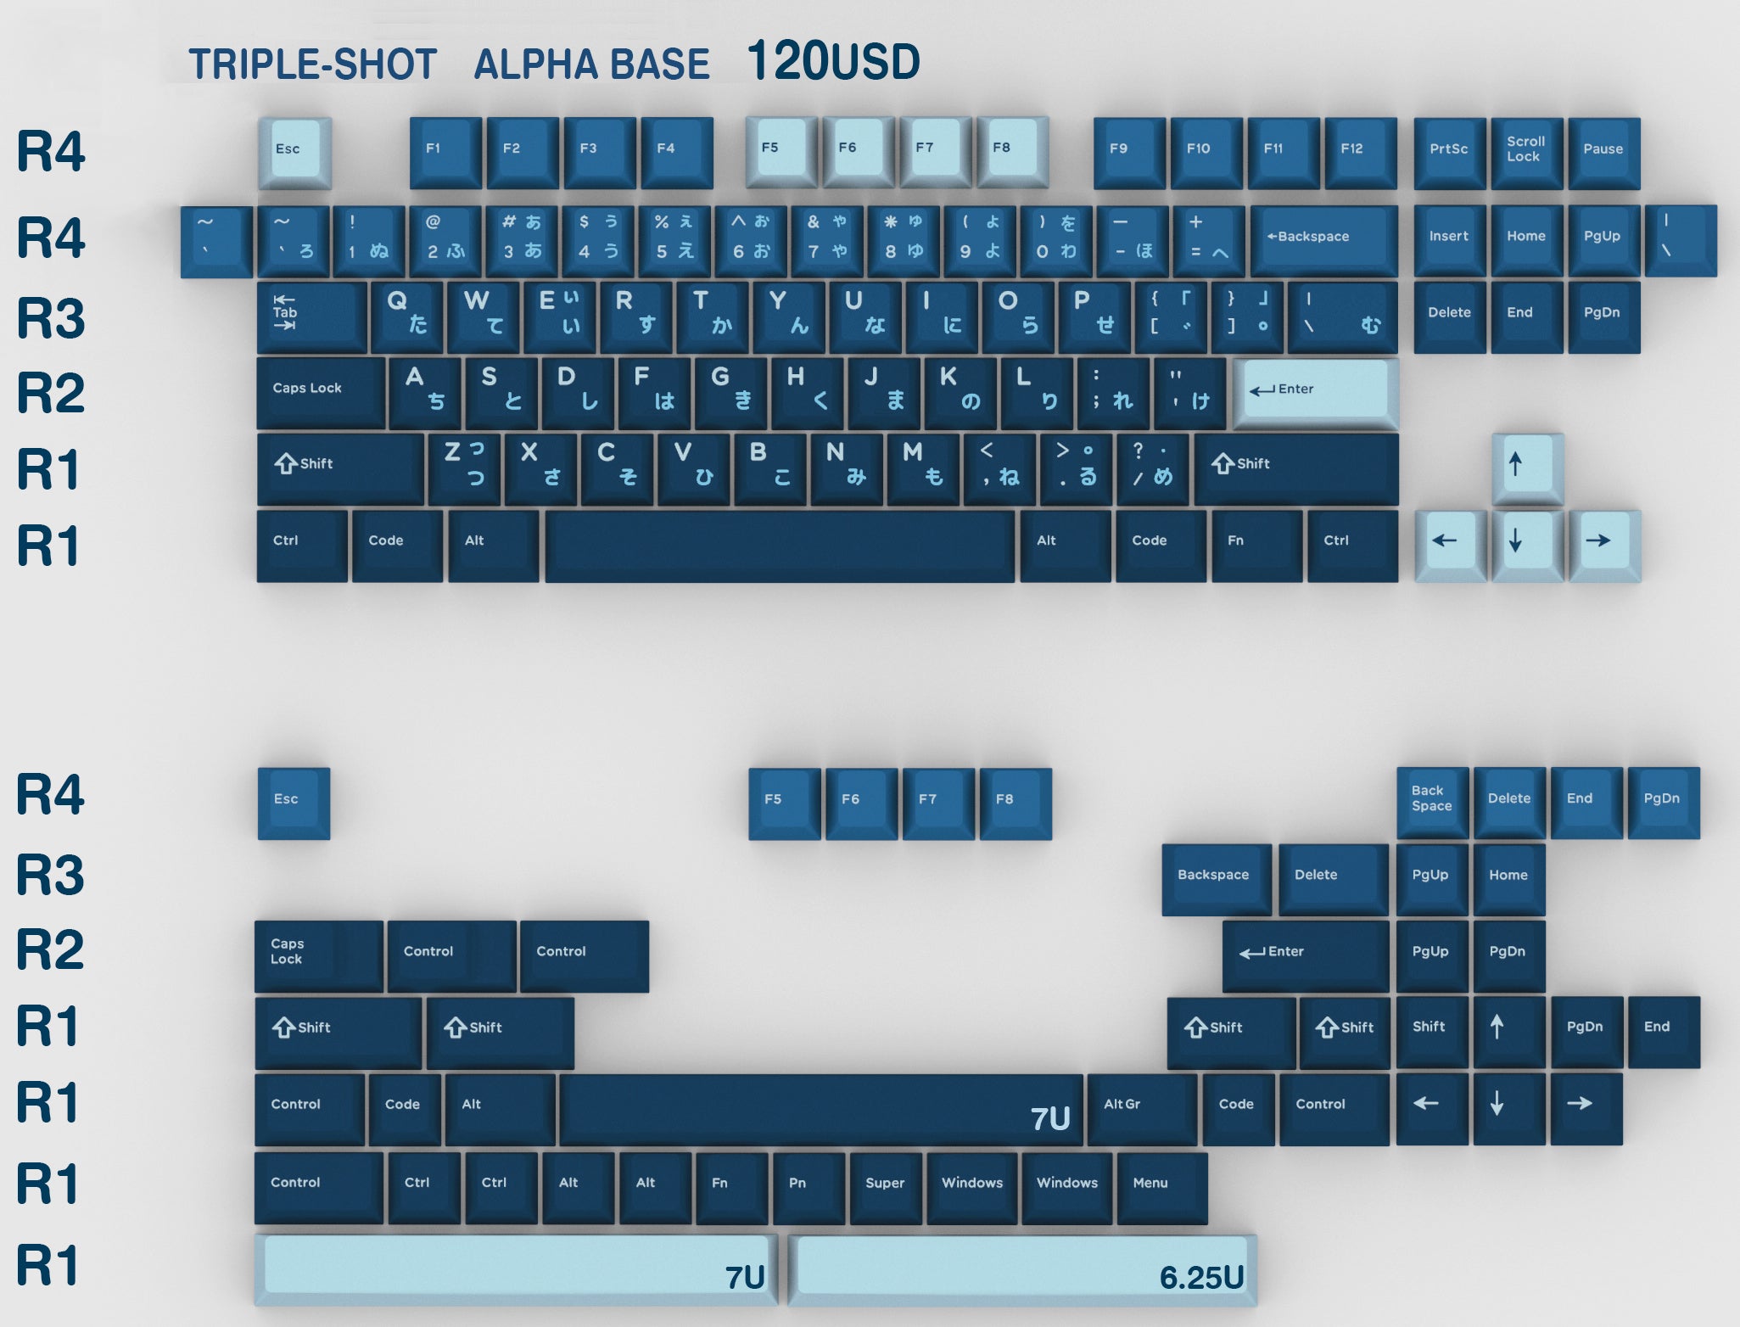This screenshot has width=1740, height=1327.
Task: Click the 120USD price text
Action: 833,62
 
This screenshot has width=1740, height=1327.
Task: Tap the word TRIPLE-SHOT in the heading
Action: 312,64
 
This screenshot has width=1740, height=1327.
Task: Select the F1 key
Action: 445,153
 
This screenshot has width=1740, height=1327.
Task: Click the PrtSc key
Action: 1450,153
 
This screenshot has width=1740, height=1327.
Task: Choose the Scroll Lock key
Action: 1527,153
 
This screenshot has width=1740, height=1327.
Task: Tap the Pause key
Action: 1604,153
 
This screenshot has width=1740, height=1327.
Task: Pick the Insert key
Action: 1450,240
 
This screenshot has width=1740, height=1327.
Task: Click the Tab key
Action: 311,317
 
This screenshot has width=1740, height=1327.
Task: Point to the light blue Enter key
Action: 1315,394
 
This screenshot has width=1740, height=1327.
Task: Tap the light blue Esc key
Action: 294,153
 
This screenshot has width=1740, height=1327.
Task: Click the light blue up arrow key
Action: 1527,469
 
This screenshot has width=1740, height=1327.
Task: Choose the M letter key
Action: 923,469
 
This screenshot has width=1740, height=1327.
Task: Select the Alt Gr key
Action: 1142,1109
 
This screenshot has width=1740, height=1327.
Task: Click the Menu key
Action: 1162,1188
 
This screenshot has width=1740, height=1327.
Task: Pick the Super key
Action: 886,1188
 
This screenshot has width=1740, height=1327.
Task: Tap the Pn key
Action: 809,1188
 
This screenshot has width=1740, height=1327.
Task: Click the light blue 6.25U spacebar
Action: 1022,1270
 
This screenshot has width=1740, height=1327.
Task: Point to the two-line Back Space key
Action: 1433,803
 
